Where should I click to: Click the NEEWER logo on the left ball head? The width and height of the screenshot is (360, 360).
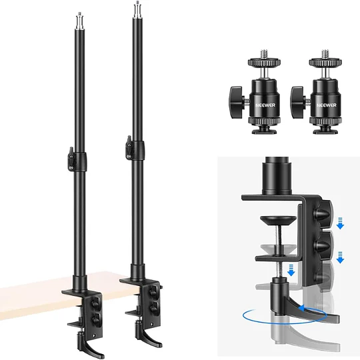point(265,105)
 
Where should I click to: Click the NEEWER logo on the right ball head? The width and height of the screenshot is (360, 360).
point(327,105)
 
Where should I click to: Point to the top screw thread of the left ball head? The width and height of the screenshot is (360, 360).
point(264,54)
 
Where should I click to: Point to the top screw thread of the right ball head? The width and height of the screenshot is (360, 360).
point(325,54)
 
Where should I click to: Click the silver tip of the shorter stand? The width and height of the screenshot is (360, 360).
point(80,21)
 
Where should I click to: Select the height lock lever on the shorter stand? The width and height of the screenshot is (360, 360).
point(71,159)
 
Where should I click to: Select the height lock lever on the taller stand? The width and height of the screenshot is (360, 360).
point(129,147)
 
